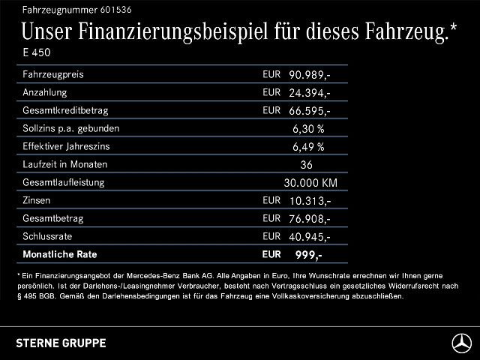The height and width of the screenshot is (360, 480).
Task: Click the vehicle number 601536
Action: click(115, 10)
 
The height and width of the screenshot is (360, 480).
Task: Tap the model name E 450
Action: click(37, 52)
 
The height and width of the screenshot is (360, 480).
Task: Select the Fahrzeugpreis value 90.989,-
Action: click(310, 75)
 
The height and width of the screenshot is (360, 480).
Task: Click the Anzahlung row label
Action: click(45, 92)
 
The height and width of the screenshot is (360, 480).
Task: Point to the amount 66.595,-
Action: click(310, 111)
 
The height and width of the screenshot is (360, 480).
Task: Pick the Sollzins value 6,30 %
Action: click(308, 129)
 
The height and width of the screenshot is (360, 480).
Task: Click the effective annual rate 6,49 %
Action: click(308, 147)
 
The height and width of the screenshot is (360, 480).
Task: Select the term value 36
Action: click(306, 165)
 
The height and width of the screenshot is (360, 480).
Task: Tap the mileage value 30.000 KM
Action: click(310, 183)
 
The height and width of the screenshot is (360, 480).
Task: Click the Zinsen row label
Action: click(37, 200)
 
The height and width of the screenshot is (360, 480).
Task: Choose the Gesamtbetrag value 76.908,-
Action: click(310, 219)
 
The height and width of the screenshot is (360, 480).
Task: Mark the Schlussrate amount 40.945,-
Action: click(310, 237)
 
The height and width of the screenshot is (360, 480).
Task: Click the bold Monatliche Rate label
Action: click(60, 254)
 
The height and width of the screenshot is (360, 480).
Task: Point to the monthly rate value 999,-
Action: click(308, 255)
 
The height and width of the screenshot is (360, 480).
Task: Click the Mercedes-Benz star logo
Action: click(462, 343)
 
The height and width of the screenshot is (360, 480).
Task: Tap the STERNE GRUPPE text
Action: click(61, 343)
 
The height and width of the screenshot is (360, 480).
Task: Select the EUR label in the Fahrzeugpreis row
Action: click(271, 74)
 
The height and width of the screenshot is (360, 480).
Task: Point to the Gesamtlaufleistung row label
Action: click(63, 183)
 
